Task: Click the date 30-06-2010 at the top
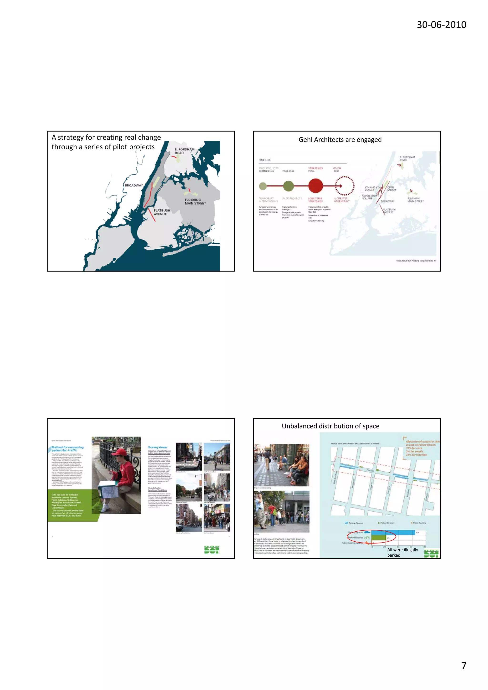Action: pyautogui.click(x=441, y=25)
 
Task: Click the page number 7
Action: pyautogui.click(x=463, y=665)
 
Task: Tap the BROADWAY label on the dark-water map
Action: pyautogui.click(x=134, y=186)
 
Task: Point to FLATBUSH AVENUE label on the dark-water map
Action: pyautogui.click(x=162, y=212)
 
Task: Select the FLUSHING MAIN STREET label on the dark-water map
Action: pyautogui.click(x=195, y=202)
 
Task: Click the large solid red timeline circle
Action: pyautogui.click(x=315, y=186)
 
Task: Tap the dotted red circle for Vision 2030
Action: pyautogui.click(x=345, y=186)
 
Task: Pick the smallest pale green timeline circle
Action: pyautogui.click(x=263, y=186)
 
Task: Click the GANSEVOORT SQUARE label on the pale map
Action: pyautogui.click(x=370, y=197)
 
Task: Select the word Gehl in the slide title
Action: pyautogui.click(x=305, y=140)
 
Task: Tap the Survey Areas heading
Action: pyautogui.click(x=158, y=447)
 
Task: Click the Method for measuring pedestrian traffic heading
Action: pyautogui.click(x=67, y=449)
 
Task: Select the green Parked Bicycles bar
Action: pyautogui.click(x=379, y=538)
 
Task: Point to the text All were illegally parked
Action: pyautogui.click(x=402, y=552)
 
